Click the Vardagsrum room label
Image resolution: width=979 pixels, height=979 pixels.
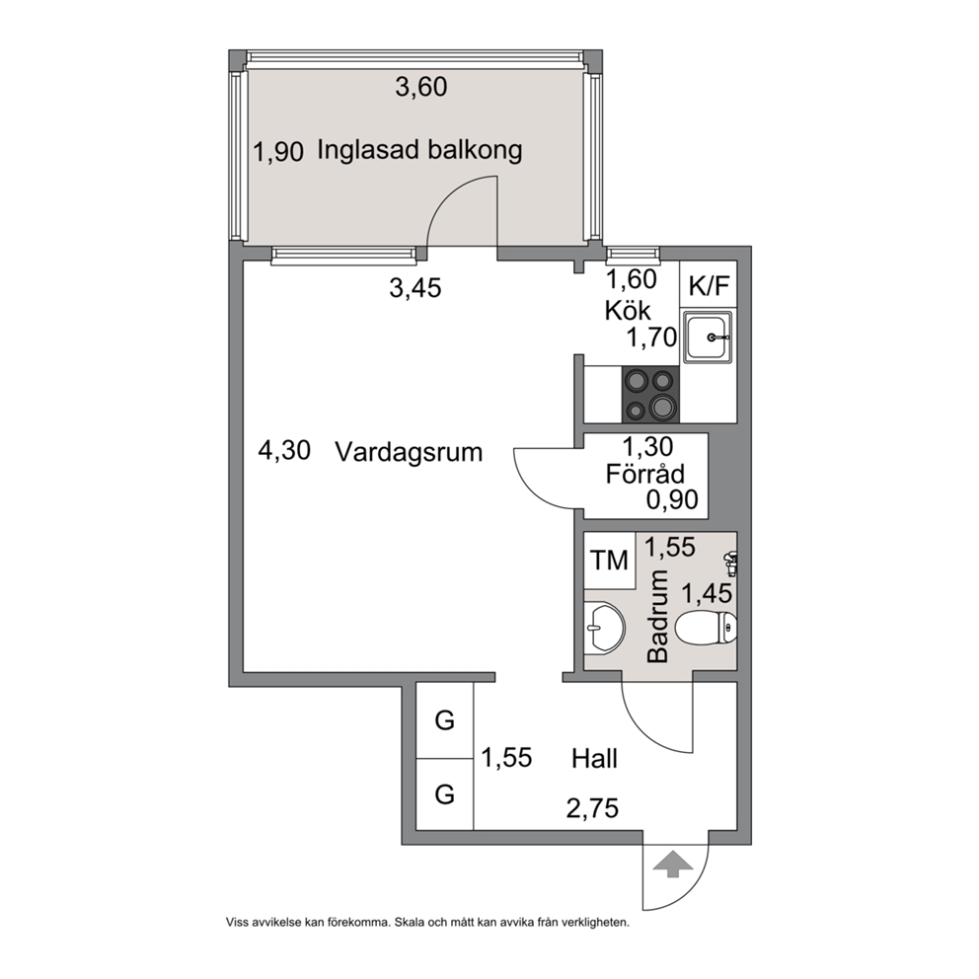pyautogui.click(x=409, y=452)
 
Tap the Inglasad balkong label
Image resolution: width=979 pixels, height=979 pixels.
pyautogui.click(x=419, y=150)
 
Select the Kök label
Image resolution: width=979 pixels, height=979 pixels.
pyautogui.click(x=628, y=310)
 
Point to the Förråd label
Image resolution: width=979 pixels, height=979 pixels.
pyautogui.click(x=645, y=474)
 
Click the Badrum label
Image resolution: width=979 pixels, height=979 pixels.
pyautogui.click(x=658, y=616)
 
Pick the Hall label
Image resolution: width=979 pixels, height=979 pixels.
pyautogui.click(x=594, y=759)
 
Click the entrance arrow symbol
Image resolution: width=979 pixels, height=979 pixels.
pyautogui.click(x=672, y=865)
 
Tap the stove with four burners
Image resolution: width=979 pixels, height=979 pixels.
pyautogui.click(x=650, y=395)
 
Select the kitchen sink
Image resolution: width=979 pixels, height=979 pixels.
pyautogui.click(x=708, y=338)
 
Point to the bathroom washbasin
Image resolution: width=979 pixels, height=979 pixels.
pyautogui.click(x=604, y=628)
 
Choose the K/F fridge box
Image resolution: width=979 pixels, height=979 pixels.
pyautogui.click(x=709, y=285)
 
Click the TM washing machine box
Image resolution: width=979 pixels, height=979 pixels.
pyautogui.click(x=609, y=560)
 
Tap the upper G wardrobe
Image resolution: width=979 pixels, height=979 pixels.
pyautogui.click(x=444, y=720)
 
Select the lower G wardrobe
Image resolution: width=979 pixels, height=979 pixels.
pyautogui.click(x=444, y=794)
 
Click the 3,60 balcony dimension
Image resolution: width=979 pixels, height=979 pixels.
pyautogui.click(x=421, y=87)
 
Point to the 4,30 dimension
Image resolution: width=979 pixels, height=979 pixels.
pyautogui.click(x=284, y=450)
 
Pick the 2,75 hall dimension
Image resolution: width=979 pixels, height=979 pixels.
pyautogui.click(x=592, y=808)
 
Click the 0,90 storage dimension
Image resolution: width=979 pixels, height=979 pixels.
pyautogui.click(x=672, y=499)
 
